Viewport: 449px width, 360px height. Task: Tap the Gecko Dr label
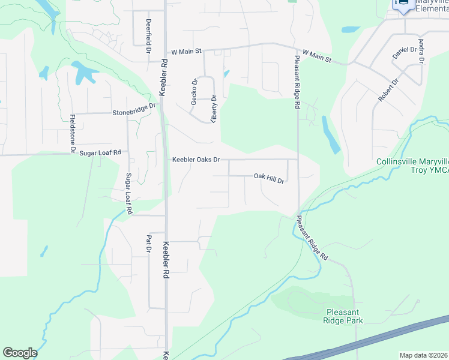194,92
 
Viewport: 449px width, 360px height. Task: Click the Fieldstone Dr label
73,132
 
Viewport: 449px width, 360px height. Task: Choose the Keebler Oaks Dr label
196,160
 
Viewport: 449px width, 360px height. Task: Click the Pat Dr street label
148,244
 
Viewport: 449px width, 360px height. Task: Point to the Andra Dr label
421,51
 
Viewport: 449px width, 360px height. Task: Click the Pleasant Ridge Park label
345,316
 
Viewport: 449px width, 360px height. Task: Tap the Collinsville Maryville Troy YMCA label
412,166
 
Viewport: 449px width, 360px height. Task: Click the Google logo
20,353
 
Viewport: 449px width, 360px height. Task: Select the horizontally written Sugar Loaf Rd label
100,154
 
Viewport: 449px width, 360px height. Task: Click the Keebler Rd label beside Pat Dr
166,260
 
